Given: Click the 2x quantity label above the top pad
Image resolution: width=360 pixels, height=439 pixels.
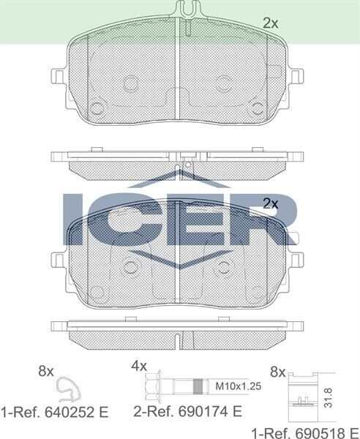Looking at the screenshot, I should (x=271, y=23).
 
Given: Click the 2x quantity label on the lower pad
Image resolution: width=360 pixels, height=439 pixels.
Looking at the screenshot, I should (x=271, y=204).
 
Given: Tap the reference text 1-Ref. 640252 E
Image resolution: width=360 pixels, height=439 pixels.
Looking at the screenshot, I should (x=54, y=412).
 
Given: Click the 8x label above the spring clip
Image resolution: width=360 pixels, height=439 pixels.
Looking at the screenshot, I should (x=45, y=371).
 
